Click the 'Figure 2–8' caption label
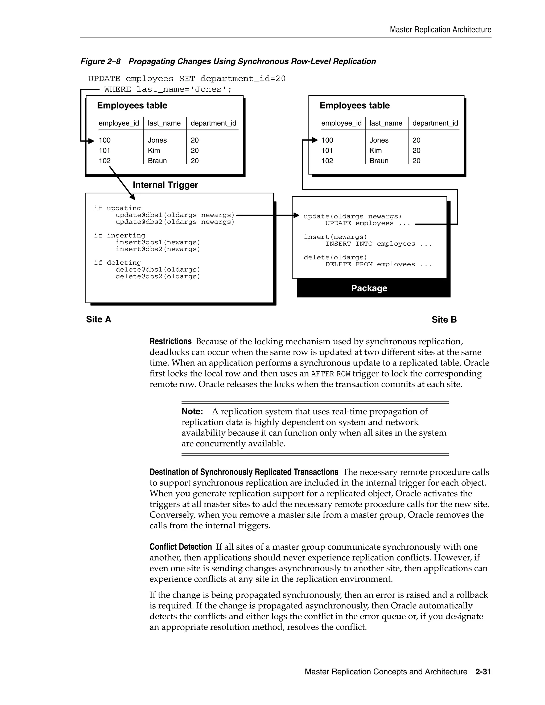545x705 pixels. pos(100,61)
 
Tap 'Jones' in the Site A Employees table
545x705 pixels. pos(157,140)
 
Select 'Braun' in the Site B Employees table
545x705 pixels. pos(379,161)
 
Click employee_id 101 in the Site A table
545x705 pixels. pos(105,150)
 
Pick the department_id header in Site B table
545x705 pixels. pos(435,123)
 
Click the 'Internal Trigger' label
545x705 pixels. pos(165,185)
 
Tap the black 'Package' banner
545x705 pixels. pos(369,288)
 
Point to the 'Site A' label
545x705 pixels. pos(98,319)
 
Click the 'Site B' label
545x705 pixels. pos(444,320)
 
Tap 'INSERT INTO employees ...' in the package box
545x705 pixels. pos(378,244)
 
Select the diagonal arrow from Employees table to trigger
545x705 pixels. pos(122,183)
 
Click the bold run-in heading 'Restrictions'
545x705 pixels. pos(171,342)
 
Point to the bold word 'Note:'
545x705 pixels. pos(192,412)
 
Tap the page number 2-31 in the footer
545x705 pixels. pos(483,672)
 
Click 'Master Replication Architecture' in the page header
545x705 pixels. pos(440,30)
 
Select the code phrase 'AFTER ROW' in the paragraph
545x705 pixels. pos(331,374)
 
